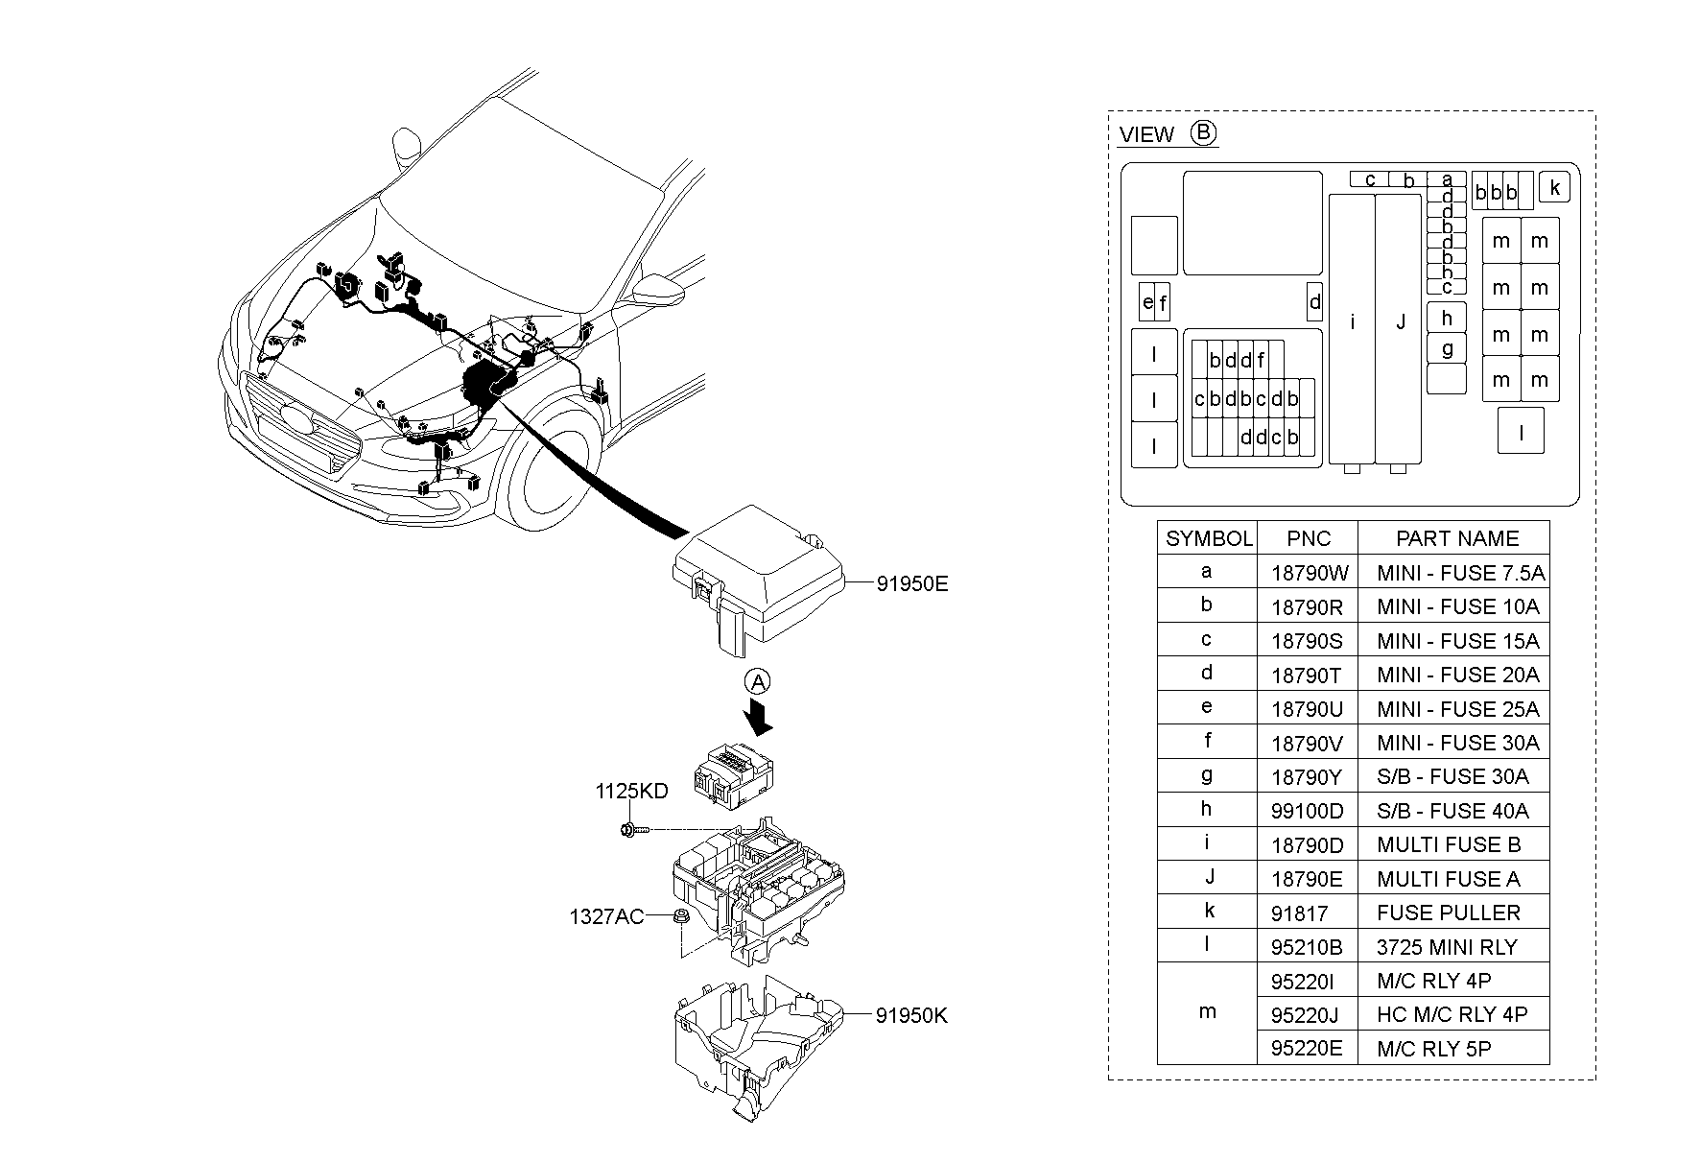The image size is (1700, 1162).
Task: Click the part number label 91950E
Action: point(911,582)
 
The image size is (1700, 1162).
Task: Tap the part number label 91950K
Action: point(910,1015)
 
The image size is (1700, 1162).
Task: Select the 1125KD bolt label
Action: point(631,792)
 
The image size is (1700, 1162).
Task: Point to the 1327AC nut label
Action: point(606,916)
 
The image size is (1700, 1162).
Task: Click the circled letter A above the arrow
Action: point(758,682)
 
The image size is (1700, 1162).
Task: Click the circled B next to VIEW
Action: point(1203,132)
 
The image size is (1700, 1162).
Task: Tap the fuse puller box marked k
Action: point(1554,187)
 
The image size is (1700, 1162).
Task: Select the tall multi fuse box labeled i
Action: point(1352,326)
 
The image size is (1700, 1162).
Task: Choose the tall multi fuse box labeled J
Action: point(1399,326)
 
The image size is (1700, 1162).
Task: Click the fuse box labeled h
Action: point(1447,318)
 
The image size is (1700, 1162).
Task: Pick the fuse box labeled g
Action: point(1447,348)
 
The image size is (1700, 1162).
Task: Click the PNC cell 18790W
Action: point(1309,573)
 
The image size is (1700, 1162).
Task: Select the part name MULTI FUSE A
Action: point(1448,879)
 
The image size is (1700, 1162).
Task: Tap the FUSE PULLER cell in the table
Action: point(1448,913)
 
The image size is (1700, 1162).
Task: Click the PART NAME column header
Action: point(1456,538)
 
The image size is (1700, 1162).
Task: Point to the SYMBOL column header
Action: point(1208,538)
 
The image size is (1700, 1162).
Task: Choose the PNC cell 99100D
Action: point(1307,811)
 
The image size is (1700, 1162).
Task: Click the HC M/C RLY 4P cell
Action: point(1451,1014)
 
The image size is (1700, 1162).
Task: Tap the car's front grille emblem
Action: point(296,419)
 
